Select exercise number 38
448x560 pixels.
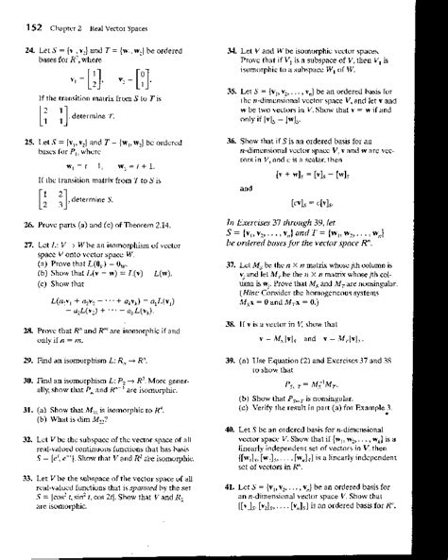click(x=233, y=324)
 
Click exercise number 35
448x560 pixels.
click(x=233, y=93)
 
